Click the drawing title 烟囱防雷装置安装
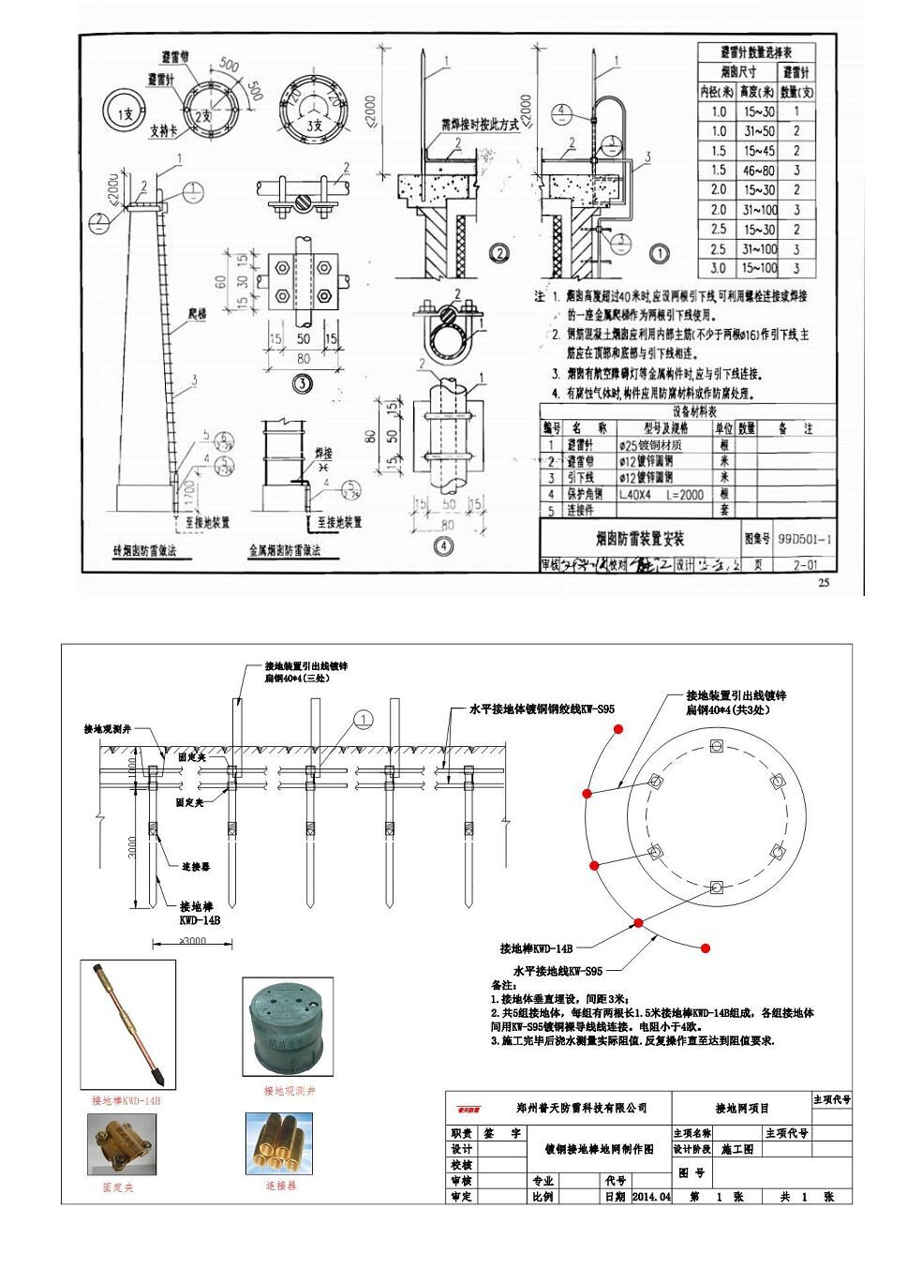(x=640, y=539)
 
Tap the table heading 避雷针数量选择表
(x=755, y=52)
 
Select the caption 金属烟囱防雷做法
(x=284, y=551)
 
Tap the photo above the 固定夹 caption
(x=119, y=1144)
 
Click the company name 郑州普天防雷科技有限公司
(x=582, y=1108)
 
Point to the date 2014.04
(x=651, y=1197)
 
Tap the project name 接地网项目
(x=741, y=1108)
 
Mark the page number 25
(x=824, y=583)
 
